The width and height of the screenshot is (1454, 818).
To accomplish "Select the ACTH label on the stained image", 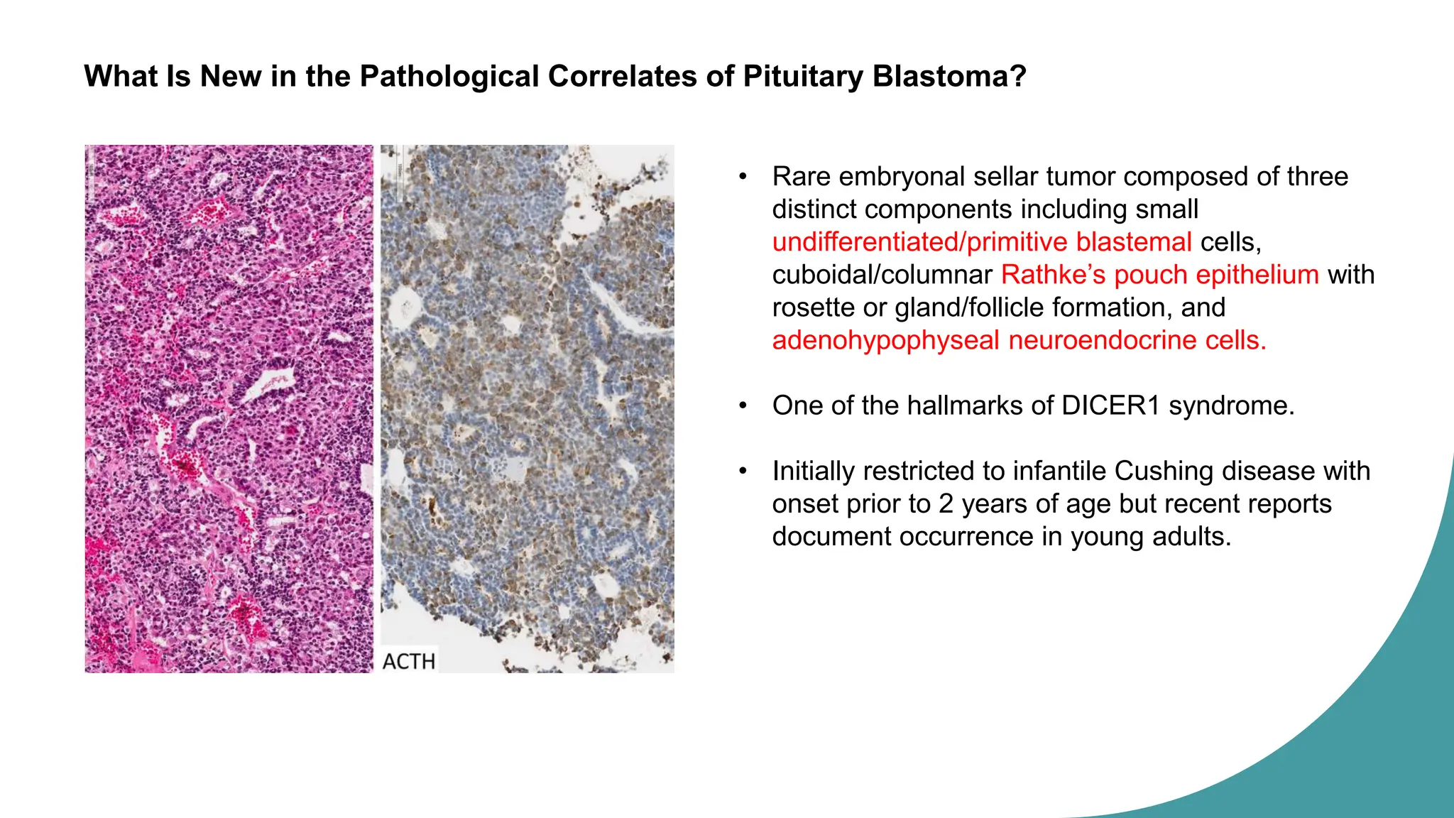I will pyautogui.click(x=409, y=661).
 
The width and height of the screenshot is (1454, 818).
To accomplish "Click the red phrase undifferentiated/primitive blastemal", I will pyautogui.click(x=982, y=242).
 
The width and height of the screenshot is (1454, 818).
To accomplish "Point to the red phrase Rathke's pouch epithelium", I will pyautogui.click(x=1159, y=275).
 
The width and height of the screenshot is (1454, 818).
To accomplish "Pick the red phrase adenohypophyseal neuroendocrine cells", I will pyautogui.click(x=1019, y=340).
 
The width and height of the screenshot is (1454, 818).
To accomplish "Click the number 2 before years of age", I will pyautogui.click(x=946, y=503).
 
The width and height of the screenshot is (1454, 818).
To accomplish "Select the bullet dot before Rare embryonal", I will pyautogui.click(x=743, y=176).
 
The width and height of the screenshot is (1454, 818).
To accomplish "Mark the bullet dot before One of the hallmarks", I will pyautogui.click(x=743, y=405).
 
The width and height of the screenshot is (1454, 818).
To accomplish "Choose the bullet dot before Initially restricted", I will pyautogui.click(x=743, y=471).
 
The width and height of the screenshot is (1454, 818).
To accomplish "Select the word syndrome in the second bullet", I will pyautogui.click(x=1231, y=405).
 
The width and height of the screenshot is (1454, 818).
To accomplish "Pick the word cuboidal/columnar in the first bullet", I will pyautogui.click(x=882, y=275).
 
